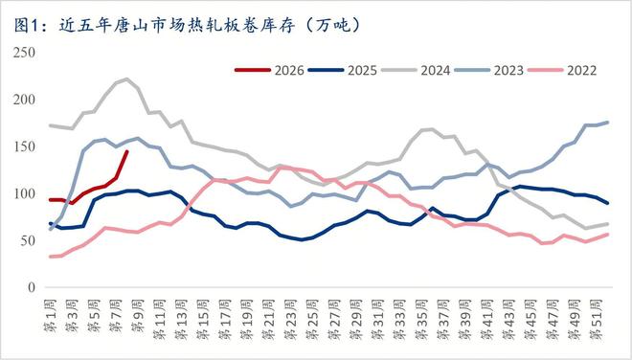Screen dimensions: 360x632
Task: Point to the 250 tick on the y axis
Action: point(22,53)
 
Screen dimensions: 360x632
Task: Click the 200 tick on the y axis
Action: point(22,100)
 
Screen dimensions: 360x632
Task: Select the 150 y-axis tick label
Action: point(22,146)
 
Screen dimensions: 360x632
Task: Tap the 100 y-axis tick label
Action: point(22,193)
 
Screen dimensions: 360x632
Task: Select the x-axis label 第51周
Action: point(595,317)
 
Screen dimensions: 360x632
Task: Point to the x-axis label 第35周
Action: point(420,317)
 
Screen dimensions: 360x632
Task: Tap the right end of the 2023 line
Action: point(607,123)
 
